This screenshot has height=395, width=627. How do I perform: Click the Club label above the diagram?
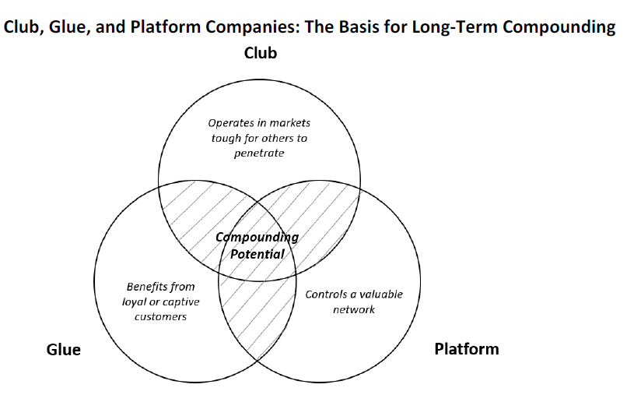point(261,54)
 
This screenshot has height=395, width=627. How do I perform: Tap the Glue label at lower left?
point(64,350)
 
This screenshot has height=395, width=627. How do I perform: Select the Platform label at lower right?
point(466,348)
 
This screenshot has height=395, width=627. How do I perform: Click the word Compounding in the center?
point(257,237)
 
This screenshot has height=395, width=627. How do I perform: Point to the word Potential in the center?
point(257,253)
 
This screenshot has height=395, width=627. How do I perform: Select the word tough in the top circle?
point(225,138)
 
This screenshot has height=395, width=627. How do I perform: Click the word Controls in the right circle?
point(326,294)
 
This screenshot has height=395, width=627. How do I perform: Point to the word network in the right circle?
point(354,309)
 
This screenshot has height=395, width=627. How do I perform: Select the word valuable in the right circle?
point(380,294)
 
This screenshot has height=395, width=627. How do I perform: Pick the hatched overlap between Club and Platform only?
point(323,218)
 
